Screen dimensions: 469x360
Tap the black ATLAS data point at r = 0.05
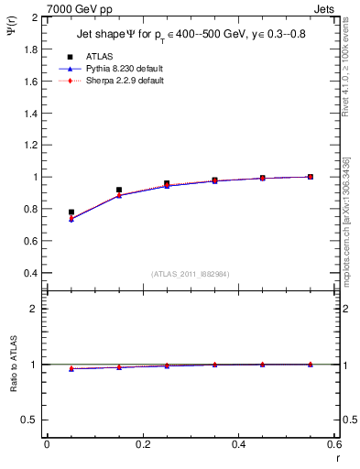pos(71,213)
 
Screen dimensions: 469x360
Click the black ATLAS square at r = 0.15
pos(119,190)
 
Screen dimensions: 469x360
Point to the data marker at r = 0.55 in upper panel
pos(311,177)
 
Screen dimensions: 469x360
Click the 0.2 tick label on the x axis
pos(143,444)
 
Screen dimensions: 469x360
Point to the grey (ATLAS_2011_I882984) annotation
pos(191,274)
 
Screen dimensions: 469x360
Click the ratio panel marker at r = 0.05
pos(71,368)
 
